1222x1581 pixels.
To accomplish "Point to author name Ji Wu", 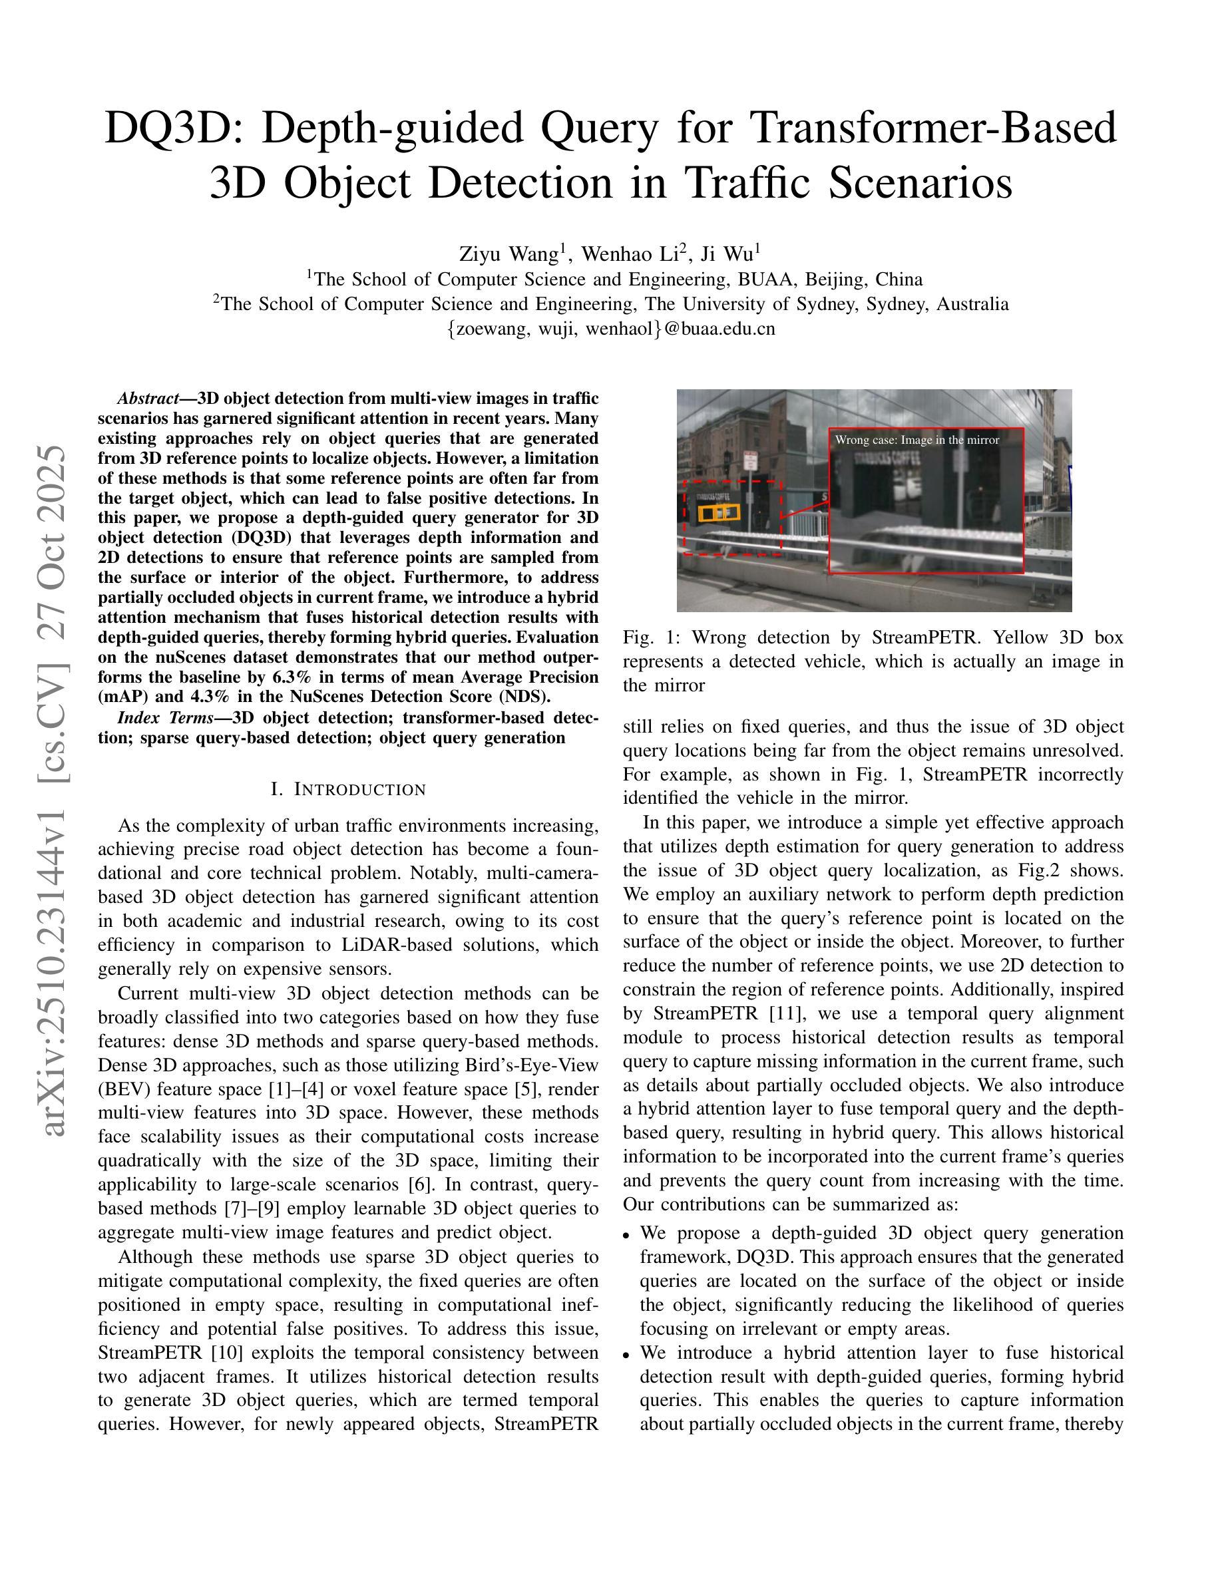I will [727, 254].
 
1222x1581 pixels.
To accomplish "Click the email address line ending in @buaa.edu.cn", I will [611, 329].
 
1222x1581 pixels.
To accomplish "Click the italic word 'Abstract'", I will [148, 399].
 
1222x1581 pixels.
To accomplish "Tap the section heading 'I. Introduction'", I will [348, 789].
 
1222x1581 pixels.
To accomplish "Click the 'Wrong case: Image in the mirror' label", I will [916, 440].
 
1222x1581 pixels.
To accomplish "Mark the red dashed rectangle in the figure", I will [733, 518].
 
